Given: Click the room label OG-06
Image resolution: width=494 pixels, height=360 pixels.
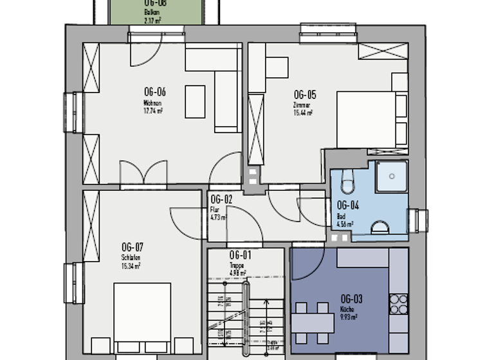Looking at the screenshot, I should click(154, 92).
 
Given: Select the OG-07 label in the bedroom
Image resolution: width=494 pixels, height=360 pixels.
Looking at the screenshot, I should click(132, 247).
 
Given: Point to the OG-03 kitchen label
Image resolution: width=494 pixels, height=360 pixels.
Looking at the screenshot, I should click(351, 298).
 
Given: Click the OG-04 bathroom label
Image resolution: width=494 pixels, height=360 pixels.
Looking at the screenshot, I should click(348, 205).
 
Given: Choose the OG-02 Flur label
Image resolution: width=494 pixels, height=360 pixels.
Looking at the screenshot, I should click(221, 199).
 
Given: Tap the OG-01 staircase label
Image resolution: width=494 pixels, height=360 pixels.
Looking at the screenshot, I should click(239, 255).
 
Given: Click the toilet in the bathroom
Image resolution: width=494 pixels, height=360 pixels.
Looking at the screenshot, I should click(347, 182).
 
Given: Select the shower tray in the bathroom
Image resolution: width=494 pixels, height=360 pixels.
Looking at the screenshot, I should click(391, 176).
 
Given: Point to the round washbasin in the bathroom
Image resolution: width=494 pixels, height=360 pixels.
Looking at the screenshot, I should click(380, 228).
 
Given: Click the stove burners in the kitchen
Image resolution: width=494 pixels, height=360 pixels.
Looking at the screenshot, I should click(398, 304).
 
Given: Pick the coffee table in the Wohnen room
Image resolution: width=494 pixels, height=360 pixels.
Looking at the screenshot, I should click(195, 102).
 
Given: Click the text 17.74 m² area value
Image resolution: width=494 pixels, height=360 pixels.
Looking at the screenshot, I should click(153, 111).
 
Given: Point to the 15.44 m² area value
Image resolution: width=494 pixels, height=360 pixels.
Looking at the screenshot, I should click(304, 113).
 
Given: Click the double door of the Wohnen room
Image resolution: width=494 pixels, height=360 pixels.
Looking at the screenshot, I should click(143, 174).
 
